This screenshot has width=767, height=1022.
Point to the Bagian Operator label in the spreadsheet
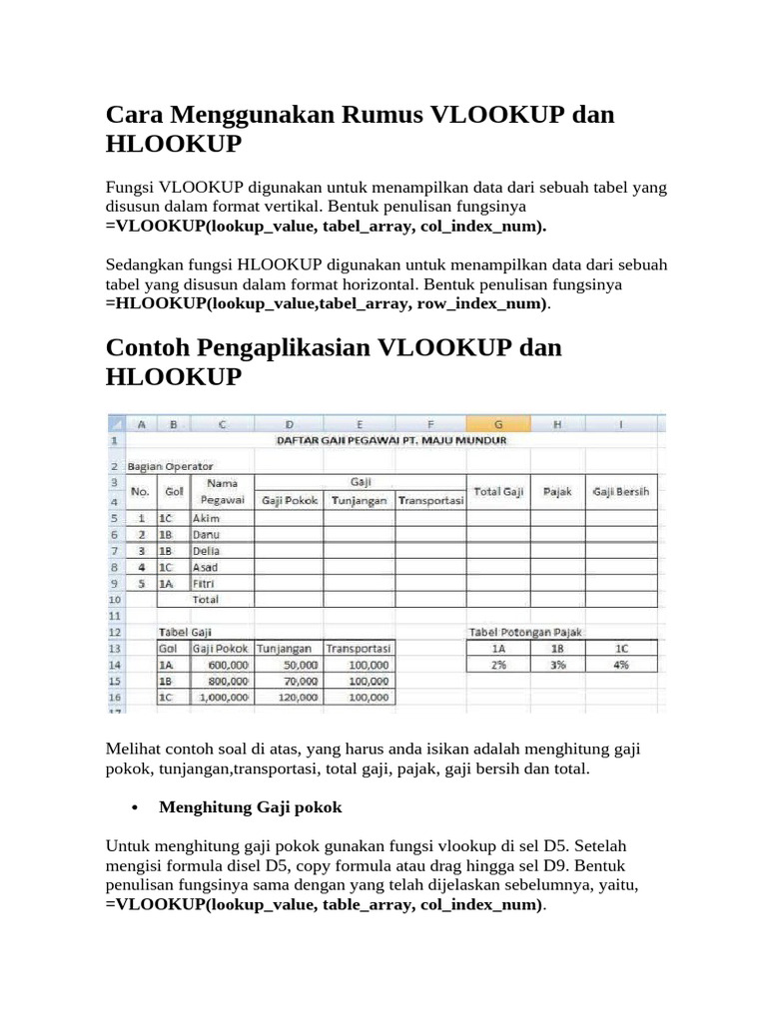click(170, 466)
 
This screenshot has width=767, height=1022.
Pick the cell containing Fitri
click(205, 583)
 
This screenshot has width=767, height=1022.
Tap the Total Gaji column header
click(497, 492)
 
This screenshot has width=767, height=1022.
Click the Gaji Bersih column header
click(620, 492)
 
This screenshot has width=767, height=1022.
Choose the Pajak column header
click(557, 492)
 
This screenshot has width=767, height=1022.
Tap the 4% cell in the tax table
click(621, 664)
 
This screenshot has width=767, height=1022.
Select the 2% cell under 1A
click(497, 664)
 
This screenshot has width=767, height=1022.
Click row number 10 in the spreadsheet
click(115, 600)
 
